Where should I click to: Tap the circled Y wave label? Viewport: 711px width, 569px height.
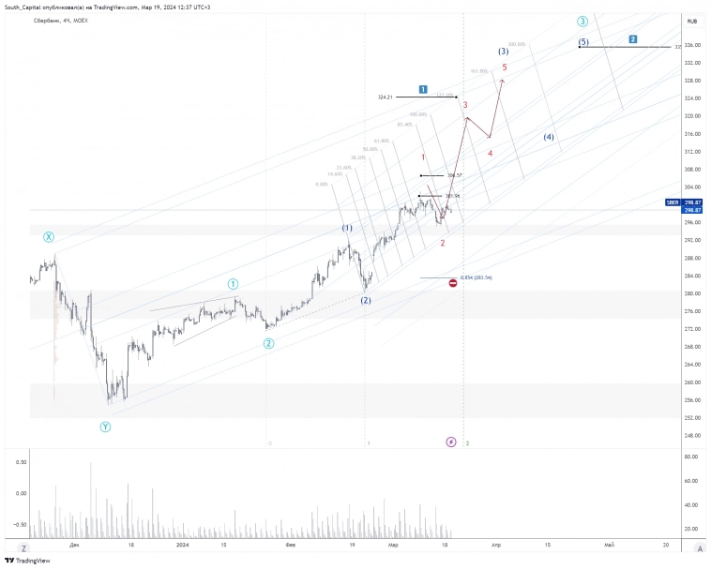tap(105, 427)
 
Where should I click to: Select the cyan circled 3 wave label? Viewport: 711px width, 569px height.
tap(582, 21)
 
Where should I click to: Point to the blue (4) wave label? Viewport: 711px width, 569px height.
tap(549, 138)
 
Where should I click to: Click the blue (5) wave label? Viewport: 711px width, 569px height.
tap(583, 42)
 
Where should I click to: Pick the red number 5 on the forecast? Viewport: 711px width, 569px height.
tap(505, 67)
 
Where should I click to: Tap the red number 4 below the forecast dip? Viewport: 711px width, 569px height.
tap(490, 152)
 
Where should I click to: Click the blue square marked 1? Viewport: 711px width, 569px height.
tap(423, 89)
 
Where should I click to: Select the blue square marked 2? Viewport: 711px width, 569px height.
tap(633, 39)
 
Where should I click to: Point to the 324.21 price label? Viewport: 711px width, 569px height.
tap(385, 97)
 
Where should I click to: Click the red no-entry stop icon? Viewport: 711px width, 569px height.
tap(453, 282)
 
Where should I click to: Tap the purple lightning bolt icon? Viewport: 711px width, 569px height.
tap(451, 442)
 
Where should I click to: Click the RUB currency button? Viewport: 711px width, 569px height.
tap(691, 21)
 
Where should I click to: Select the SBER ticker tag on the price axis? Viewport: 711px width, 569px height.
tap(672, 202)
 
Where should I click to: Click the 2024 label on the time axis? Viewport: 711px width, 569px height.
tap(183, 544)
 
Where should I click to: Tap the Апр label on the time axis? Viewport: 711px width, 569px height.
tap(494, 544)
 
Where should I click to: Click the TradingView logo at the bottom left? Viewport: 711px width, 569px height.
tap(27, 561)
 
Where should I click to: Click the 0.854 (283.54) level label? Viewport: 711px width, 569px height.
tap(477, 277)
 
